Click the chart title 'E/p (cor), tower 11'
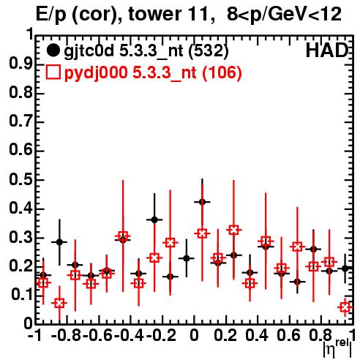125,14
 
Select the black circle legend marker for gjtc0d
53,50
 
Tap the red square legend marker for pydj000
53,72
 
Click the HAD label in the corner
326,50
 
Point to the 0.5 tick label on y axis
20,180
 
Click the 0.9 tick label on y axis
20,64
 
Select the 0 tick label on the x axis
194,335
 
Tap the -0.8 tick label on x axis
67,335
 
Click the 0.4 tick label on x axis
257,335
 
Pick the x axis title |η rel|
337,348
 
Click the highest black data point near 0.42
202,202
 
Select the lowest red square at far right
345,307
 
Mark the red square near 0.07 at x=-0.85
59,303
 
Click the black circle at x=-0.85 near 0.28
59,242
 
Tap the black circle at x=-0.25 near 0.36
154,220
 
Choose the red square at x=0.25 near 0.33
234,230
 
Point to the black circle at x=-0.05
187,258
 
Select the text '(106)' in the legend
222,72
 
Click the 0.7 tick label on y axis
20,121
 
